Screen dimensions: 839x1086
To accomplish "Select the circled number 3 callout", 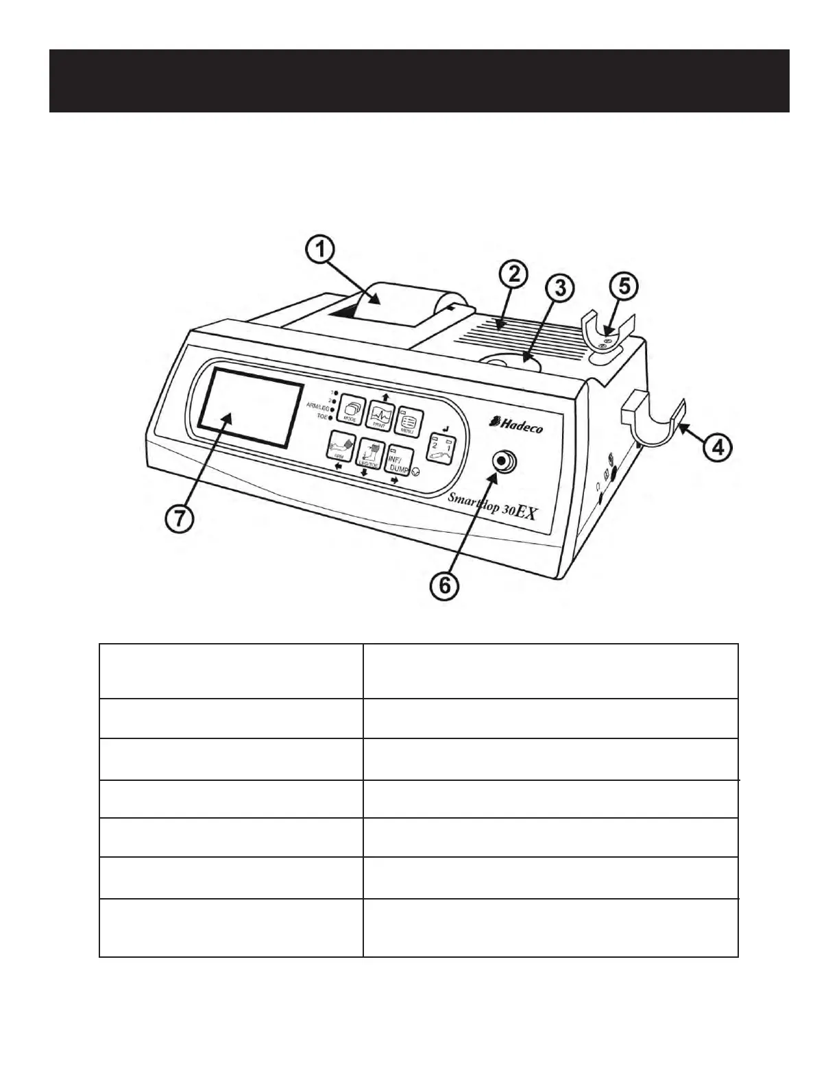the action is point(561,288).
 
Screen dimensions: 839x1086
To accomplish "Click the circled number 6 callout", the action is point(445,585).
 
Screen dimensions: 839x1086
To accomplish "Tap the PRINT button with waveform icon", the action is point(380,415).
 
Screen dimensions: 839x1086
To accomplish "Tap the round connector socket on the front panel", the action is point(506,461).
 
